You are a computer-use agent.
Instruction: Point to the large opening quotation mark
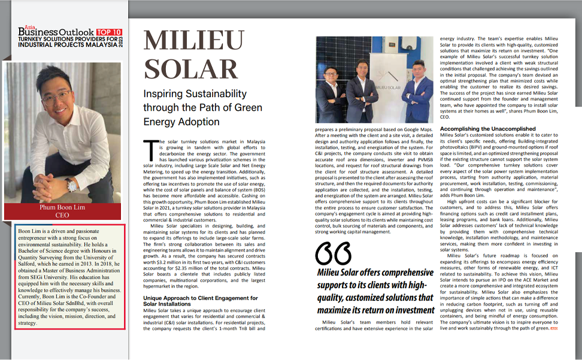(334, 253)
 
